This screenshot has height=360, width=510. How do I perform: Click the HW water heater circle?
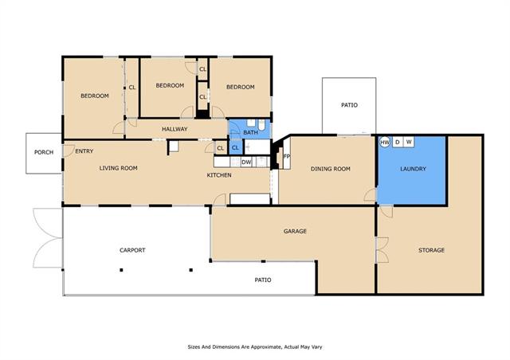385,142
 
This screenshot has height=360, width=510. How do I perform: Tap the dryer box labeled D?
398,142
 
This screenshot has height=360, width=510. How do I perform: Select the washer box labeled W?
409,142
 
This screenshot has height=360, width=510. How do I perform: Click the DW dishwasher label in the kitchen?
246,162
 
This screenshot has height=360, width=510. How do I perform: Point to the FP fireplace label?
287,156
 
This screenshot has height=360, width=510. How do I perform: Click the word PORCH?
44,152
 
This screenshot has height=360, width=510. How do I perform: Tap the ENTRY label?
84,151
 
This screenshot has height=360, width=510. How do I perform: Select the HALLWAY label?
175,129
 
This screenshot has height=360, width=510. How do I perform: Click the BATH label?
250,132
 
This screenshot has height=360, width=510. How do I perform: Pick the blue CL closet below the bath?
235,148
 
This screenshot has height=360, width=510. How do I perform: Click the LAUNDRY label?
413,169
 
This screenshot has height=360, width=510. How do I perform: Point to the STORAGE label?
431,250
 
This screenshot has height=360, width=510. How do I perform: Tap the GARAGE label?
295,231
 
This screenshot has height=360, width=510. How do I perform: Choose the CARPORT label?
132,250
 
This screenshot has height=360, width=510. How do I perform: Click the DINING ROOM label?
331,169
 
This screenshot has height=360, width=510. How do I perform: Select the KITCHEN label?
219,175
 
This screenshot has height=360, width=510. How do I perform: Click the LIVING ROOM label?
119,168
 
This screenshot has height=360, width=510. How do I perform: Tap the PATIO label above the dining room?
349,105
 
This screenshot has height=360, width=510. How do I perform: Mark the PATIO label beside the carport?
263,280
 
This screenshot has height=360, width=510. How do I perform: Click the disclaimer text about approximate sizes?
255,347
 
